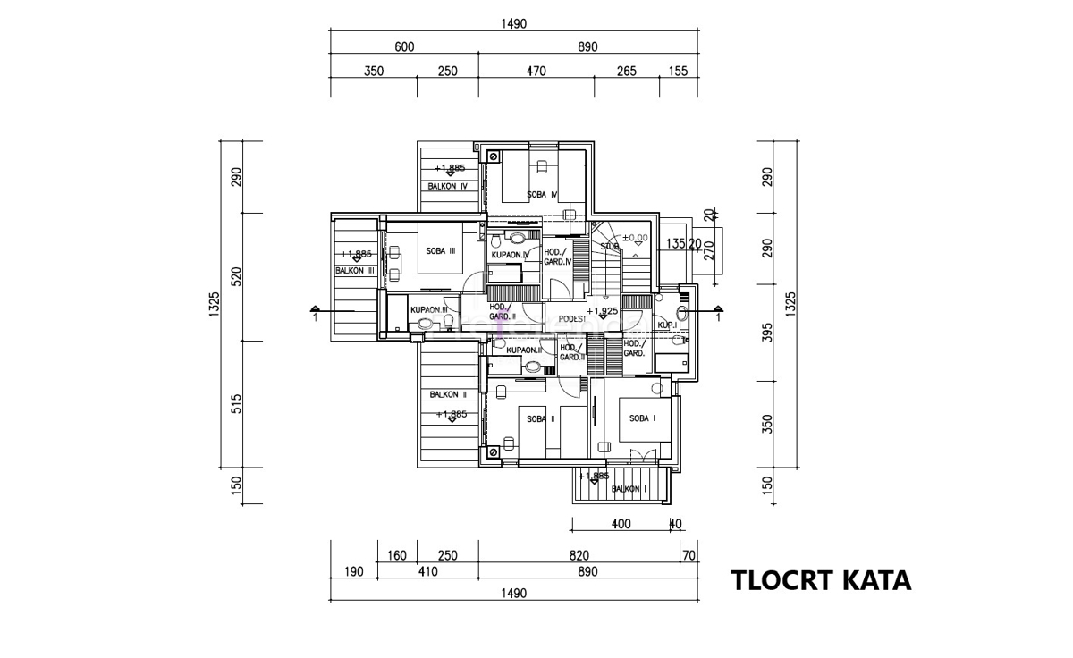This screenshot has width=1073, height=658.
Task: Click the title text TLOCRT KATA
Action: point(822,580)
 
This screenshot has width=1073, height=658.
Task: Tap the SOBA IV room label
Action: point(542,194)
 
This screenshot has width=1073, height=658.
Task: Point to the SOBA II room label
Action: point(541,418)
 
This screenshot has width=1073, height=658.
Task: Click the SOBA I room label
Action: point(642,418)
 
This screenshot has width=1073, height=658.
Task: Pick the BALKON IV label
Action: point(448,187)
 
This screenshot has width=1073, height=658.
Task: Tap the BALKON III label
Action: point(355,269)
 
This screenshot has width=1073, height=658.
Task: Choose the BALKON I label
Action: point(629,489)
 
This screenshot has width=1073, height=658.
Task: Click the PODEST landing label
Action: point(572,318)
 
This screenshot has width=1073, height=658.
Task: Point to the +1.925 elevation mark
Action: point(604,311)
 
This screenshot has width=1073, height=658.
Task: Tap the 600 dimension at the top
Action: point(403,47)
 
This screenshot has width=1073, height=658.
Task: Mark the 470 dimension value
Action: point(535,72)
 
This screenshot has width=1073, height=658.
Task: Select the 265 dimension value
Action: point(626,72)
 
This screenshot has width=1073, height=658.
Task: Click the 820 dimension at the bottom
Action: point(578,555)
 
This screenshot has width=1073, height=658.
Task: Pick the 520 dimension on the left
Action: point(237,276)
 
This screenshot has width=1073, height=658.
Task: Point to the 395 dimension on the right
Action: point(765,332)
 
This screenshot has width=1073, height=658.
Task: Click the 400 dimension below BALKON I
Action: point(621,524)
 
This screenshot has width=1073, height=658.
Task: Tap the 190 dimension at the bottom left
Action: point(354,572)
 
